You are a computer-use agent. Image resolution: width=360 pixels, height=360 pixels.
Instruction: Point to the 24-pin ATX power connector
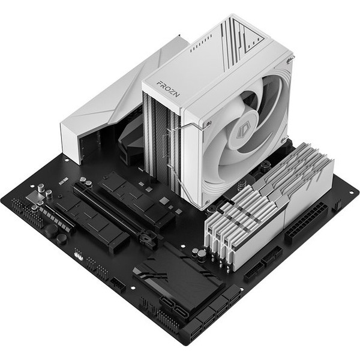pyautogui.click(x=307, y=223)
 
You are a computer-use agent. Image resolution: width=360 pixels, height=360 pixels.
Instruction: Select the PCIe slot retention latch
pyautogui.click(x=148, y=240)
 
